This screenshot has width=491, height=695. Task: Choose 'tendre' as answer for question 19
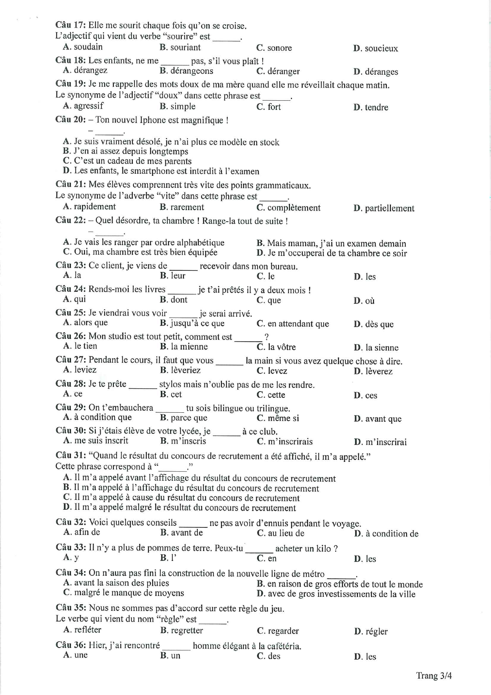[x=376, y=107]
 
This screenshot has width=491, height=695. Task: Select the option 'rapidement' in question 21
[x=95, y=207]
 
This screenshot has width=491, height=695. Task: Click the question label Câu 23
[x=70, y=265]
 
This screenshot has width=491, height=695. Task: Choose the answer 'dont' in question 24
[x=179, y=300]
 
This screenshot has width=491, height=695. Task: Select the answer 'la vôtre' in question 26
[x=282, y=347]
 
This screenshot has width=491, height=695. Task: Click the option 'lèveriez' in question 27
[x=186, y=370]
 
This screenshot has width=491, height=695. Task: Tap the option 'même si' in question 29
[x=283, y=418]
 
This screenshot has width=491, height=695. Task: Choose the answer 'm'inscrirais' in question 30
[x=290, y=442]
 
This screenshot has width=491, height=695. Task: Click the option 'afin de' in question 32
[x=87, y=532]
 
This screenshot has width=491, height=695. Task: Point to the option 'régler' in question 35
[x=376, y=631]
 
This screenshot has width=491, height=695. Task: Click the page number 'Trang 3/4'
[x=434, y=676]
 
